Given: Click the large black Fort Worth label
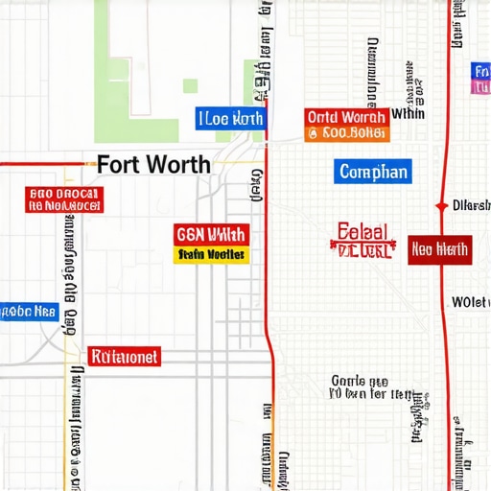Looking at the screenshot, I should click(x=153, y=164).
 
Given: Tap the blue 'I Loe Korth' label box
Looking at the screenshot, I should click(x=230, y=119).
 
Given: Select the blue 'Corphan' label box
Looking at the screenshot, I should click(x=374, y=173).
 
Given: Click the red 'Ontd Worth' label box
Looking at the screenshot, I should click(x=345, y=117).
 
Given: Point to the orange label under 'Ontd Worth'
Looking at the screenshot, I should click(x=345, y=133).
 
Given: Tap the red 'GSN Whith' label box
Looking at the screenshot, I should click(x=211, y=234).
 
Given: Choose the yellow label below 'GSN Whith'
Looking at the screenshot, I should click(x=211, y=254).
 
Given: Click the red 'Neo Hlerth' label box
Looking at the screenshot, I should click(x=439, y=250).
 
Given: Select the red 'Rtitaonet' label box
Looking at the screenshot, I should click(x=125, y=357).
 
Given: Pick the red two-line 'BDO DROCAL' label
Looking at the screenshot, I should click(x=63, y=199).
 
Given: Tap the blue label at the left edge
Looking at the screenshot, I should click(x=29, y=312).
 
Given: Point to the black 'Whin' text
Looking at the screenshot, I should click(x=409, y=113).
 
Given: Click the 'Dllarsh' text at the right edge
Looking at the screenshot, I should click(x=470, y=206).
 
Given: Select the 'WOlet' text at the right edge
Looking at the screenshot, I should click(x=471, y=302).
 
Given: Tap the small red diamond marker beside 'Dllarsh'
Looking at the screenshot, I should click(x=440, y=206).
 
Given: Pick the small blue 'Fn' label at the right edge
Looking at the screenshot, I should click(x=481, y=71).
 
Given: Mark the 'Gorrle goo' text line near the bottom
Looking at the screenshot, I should click(x=360, y=379).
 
